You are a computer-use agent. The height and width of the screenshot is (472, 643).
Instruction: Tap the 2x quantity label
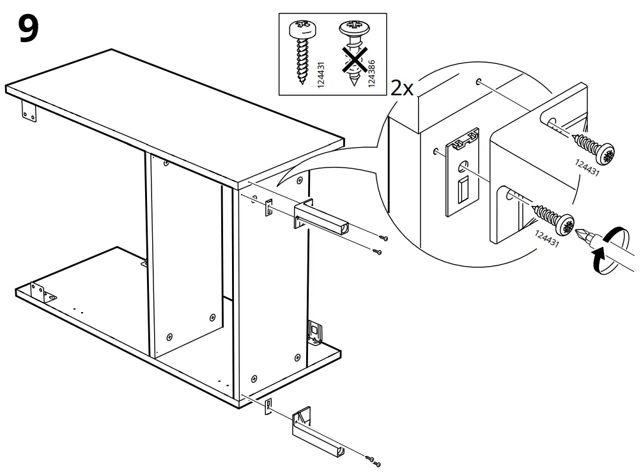403,88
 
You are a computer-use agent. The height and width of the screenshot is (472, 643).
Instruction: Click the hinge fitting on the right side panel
314,332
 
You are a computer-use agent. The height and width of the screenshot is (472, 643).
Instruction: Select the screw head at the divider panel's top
166,164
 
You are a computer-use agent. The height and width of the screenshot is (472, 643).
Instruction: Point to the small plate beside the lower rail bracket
268,405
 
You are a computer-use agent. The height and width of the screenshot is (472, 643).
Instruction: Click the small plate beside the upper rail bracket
268,208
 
